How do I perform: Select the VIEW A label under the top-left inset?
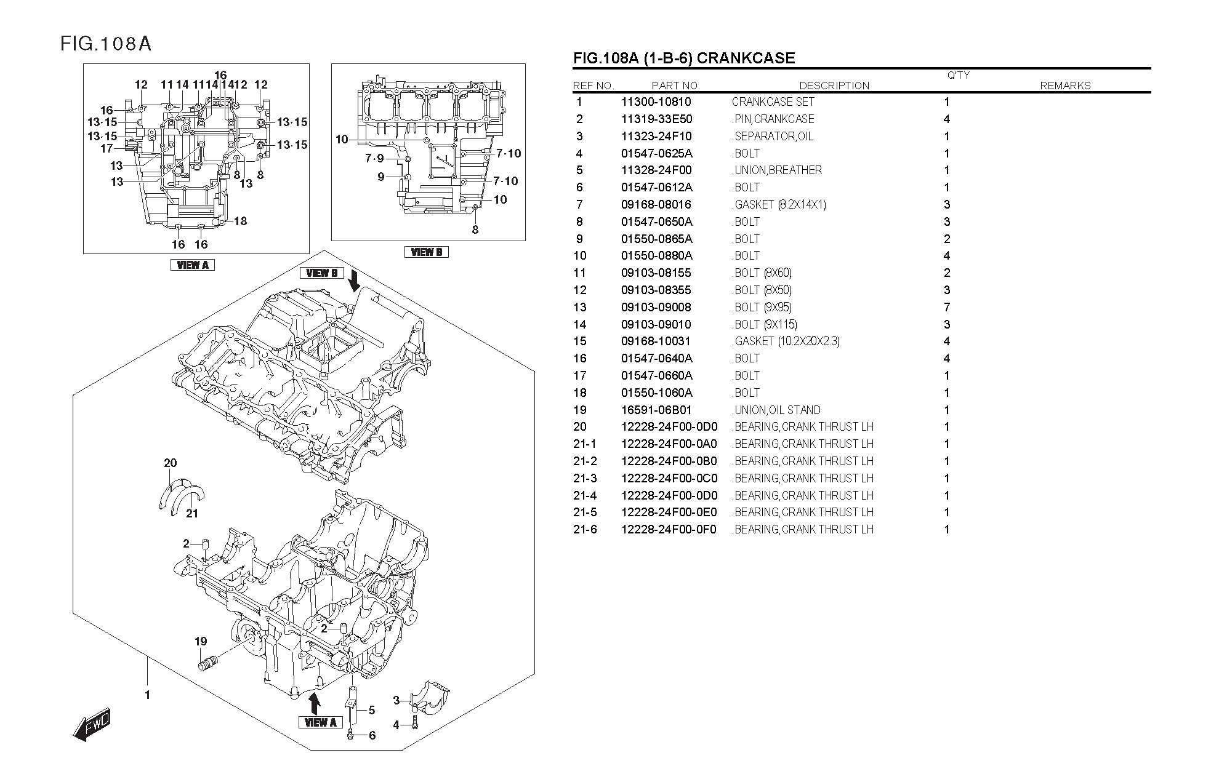click(x=192, y=265)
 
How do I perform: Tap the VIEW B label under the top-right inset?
click(x=426, y=252)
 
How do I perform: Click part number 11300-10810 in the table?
click(x=656, y=102)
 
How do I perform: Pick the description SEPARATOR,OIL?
click(x=773, y=137)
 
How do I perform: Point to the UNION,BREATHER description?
click(x=778, y=170)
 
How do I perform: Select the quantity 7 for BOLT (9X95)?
click(x=947, y=307)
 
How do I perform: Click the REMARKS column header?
click(x=1064, y=86)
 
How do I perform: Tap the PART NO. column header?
click(x=675, y=86)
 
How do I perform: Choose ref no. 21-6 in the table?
click(x=585, y=529)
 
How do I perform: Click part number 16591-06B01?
click(x=656, y=410)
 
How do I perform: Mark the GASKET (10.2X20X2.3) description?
click(x=786, y=341)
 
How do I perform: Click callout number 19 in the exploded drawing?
click(x=201, y=642)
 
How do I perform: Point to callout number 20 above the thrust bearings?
click(x=171, y=463)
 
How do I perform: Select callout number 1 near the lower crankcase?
click(x=147, y=695)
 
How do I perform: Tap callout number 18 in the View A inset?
click(x=240, y=221)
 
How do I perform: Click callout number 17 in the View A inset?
click(x=107, y=148)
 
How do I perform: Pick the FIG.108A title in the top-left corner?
click(x=106, y=44)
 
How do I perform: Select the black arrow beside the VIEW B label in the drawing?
click(x=354, y=281)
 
